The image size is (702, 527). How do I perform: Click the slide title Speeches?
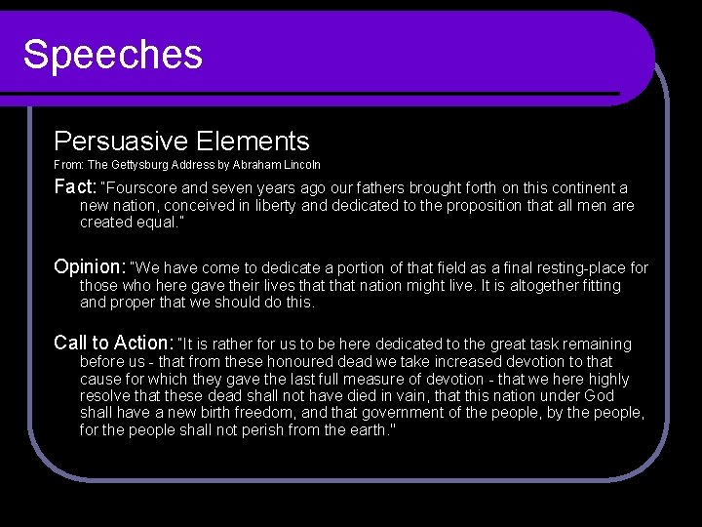tap(113, 55)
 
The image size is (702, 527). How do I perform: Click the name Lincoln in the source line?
tap(302, 165)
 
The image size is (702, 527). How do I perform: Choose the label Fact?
tap(75, 186)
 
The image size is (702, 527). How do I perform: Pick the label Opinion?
tap(90, 266)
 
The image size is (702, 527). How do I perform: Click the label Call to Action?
tap(113, 343)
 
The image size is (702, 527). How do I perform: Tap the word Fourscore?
tap(142, 187)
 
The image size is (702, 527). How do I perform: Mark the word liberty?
tap(279, 206)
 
